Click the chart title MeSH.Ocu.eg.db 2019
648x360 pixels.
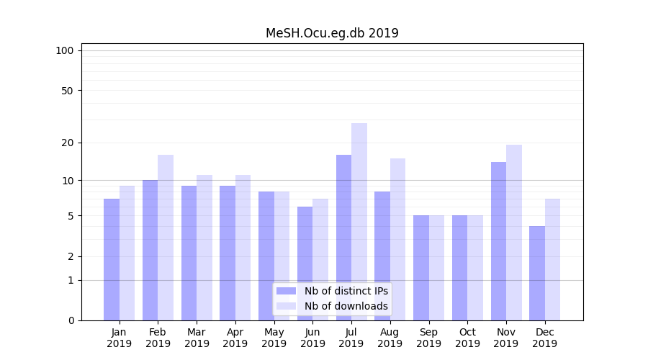(x=332, y=33)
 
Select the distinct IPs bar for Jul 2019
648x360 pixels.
(x=343, y=238)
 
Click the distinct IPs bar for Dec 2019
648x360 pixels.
(x=537, y=273)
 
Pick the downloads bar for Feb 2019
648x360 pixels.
(x=166, y=238)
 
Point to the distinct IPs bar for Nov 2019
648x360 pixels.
(x=498, y=241)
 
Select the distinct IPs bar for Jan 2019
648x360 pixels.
(x=112, y=259)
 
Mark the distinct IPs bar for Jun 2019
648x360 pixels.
(x=305, y=264)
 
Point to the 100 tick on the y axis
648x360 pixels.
(x=65, y=50)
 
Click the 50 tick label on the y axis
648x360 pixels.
(x=67, y=91)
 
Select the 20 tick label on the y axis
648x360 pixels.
(x=67, y=143)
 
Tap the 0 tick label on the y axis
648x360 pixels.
(x=71, y=320)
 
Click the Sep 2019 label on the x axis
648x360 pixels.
(x=428, y=338)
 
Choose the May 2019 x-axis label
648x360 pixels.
(x=274, y=338)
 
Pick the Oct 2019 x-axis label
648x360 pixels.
(x=467, y=338)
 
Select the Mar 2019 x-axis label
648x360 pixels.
(x=197, y=338)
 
